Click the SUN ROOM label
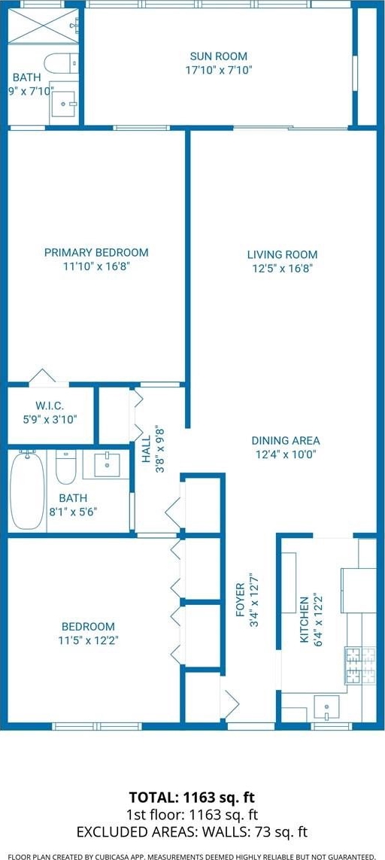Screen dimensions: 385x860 [218, 56]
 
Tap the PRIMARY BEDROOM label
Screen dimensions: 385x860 [96, 253]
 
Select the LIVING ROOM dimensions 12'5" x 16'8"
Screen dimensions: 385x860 [283, 268]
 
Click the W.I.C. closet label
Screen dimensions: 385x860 [50, 406]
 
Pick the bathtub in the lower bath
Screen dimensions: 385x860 [27, 490]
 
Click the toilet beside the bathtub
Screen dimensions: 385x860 [66, 466]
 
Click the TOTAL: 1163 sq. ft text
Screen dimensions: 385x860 [192, 796]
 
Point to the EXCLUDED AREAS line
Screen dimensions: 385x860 [192, 832]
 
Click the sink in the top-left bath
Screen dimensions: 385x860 [64, 102]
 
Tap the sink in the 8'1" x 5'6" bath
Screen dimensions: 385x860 [106, 465]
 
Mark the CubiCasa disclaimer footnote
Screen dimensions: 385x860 [192, 855]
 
